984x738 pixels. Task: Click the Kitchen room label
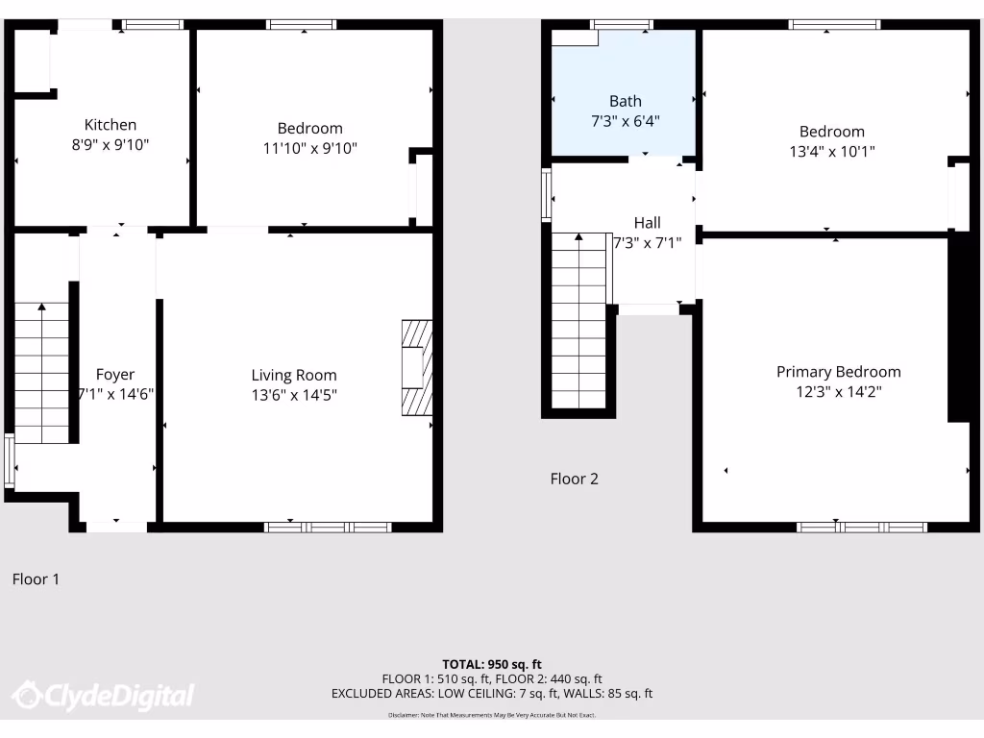pos(111,125)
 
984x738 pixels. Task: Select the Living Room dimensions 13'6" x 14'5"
pos(294,395)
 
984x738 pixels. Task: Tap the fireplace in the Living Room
pos(417,367)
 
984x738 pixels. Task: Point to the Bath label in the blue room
pos(625,101)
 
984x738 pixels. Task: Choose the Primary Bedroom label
pos(838,372)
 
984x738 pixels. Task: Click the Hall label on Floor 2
pos(647,223)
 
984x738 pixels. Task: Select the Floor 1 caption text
pos(36,578)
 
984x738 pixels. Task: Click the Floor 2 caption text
pos(574,479)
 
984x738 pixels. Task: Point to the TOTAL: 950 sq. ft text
pos(492,664)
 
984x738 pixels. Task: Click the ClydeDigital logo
pos(103,696)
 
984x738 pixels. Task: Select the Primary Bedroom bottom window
pos(862,527)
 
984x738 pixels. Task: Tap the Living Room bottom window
pos(328,527)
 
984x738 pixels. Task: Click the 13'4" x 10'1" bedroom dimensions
pos(831,152)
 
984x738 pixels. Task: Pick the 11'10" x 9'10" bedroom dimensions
pos(309,148)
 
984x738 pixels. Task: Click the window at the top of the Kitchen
pos(152,25)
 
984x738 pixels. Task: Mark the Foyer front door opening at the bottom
pos(116,526)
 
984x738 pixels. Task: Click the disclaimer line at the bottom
pos(492,715)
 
